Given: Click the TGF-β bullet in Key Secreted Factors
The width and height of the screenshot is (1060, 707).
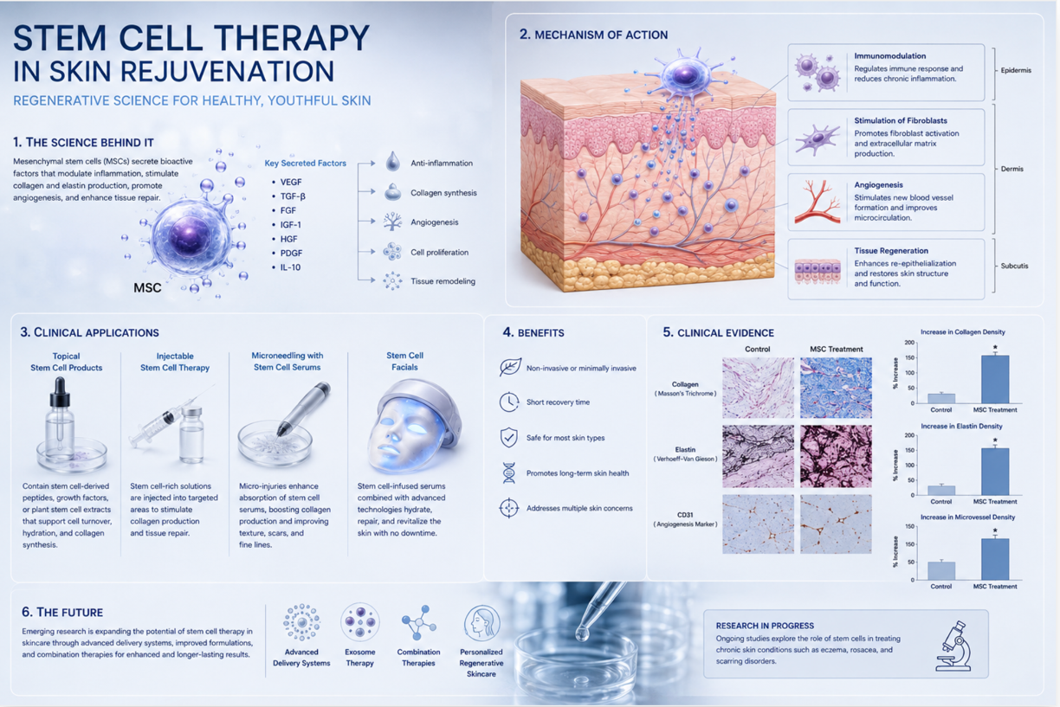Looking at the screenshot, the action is pyautogui.click(x=288, y=196).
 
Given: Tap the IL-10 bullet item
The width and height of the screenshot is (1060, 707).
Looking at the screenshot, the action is pyautogui.click(x=287, y=267).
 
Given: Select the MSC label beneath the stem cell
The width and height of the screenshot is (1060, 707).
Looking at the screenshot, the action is pyautogui.click(x=147, y=287).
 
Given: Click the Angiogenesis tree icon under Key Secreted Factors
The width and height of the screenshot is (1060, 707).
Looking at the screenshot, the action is pyautogui.click(x=392, y=222).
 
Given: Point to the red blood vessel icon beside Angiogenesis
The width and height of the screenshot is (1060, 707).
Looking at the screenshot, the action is pyautogui.click(x=818, y=202).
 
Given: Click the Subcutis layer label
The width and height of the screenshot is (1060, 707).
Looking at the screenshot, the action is pyautogui.click(x=1014, y=266).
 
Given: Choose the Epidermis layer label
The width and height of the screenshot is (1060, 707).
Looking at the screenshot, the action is pyautogui.click(x=1016, y=70).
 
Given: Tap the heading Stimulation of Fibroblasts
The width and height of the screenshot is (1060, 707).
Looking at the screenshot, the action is pyautogui.click(x=901, y=120).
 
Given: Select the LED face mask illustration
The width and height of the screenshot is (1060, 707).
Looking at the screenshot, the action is pyautogui.click(x=412, y=427).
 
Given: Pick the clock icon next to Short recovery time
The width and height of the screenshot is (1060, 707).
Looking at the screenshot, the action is pyautogui.click(x=509, y=402).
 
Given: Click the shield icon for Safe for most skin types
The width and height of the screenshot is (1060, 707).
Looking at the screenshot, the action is pyautogui.click(x=508, y=437).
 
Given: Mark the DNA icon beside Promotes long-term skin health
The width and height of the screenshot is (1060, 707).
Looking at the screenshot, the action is pyautogui.click(x=509, y=472).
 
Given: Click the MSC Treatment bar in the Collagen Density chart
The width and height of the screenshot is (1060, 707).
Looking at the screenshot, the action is pyautogui.click(x=995, y=379).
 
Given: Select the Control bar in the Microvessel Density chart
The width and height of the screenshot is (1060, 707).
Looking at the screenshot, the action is pyautogui.click(x=941, y=571).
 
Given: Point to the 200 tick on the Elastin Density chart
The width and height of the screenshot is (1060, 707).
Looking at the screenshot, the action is pyautogui.click(x=909, y=435).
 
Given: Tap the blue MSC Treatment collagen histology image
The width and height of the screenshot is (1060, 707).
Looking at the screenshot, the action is pyautogui.click(x=836, y=388).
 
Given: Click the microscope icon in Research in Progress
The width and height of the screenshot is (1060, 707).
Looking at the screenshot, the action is pyautogui.click(x=954, y=646).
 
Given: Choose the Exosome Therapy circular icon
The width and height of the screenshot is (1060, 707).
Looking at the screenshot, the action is pyautogui.click(x=359, y=622).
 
